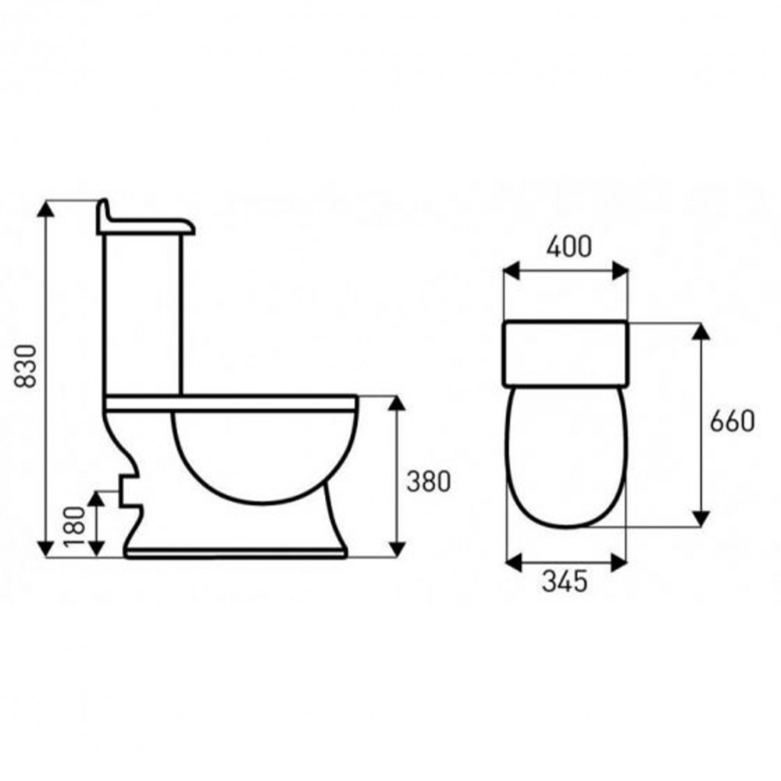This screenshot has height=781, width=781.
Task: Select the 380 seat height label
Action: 428,482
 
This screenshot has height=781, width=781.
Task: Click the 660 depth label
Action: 733,422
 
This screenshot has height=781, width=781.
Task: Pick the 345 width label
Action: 565,581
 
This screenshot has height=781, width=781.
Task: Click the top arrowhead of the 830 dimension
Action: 49,208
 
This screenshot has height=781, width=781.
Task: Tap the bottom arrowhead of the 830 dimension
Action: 49,550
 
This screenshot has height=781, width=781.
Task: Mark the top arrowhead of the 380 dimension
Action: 398,403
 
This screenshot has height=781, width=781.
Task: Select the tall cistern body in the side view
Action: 143,312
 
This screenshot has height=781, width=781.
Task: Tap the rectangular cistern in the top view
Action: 565,352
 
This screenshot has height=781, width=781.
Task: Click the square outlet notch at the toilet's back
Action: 128,490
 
